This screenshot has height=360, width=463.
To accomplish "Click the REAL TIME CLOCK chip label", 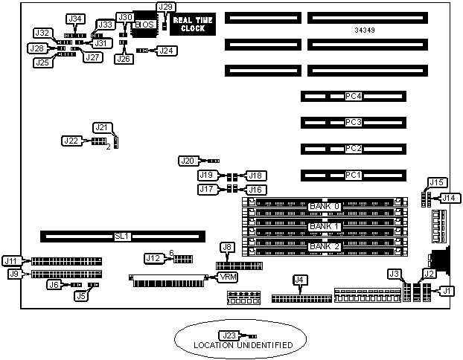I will [x=188, y=23].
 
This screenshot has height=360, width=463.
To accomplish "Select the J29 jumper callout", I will [x=166, y=7].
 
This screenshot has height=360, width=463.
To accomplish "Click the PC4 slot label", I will [x=353, y=96].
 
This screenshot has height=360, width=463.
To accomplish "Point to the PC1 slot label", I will [x=353, y=176].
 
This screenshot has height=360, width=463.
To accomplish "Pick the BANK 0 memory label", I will [x=324, y=206].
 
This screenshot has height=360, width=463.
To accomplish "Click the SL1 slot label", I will [x=123, y=237].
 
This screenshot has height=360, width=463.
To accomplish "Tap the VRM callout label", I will [x=226, y=277].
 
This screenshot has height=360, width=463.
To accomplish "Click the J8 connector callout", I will [x=227, y=247].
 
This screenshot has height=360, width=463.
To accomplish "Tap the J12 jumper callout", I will [x=153, y=258].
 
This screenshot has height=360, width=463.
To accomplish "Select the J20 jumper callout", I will [x=188, y=160].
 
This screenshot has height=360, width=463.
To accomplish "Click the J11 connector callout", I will [x=11, y=260].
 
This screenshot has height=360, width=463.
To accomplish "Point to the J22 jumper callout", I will [x=71, y=140].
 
